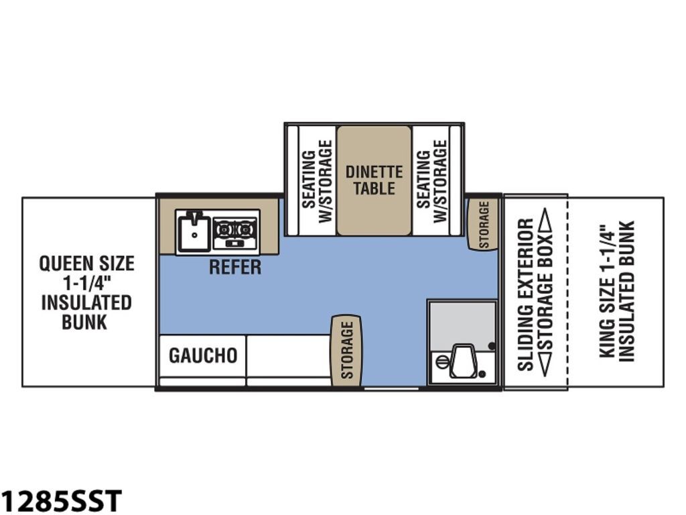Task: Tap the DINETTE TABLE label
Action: tap(374, 180)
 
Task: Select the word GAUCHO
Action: tap(203, 355)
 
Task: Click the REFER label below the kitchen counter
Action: tap(235, 267)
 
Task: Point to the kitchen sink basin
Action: tap(194, 232)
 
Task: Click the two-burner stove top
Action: tap(235, 232)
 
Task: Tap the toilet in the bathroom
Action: tap(464, 361)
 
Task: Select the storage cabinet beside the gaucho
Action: tap(346, 350)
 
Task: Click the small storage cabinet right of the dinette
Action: tap(484, 225)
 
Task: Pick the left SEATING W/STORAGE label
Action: tap(317, 180)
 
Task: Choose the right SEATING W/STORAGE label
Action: tap(432, 180)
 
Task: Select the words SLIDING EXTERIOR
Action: tap(525, 295)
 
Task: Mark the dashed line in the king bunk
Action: tap(567, 292)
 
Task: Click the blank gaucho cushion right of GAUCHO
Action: tap(288, 356)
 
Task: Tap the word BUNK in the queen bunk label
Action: tap(84, 322)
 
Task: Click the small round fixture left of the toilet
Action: tap(442, 361)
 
